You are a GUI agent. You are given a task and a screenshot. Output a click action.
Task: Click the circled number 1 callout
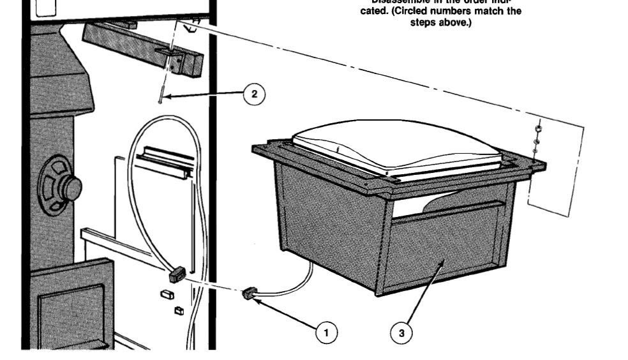pos(326,332)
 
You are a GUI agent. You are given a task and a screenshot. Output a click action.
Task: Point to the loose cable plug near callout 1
pos(249,294)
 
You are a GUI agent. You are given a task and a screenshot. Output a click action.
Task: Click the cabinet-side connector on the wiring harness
pos(177,276)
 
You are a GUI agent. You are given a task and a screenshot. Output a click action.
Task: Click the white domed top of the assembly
pos(396,146)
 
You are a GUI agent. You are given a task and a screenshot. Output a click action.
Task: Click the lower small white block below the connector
pos(179,310)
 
